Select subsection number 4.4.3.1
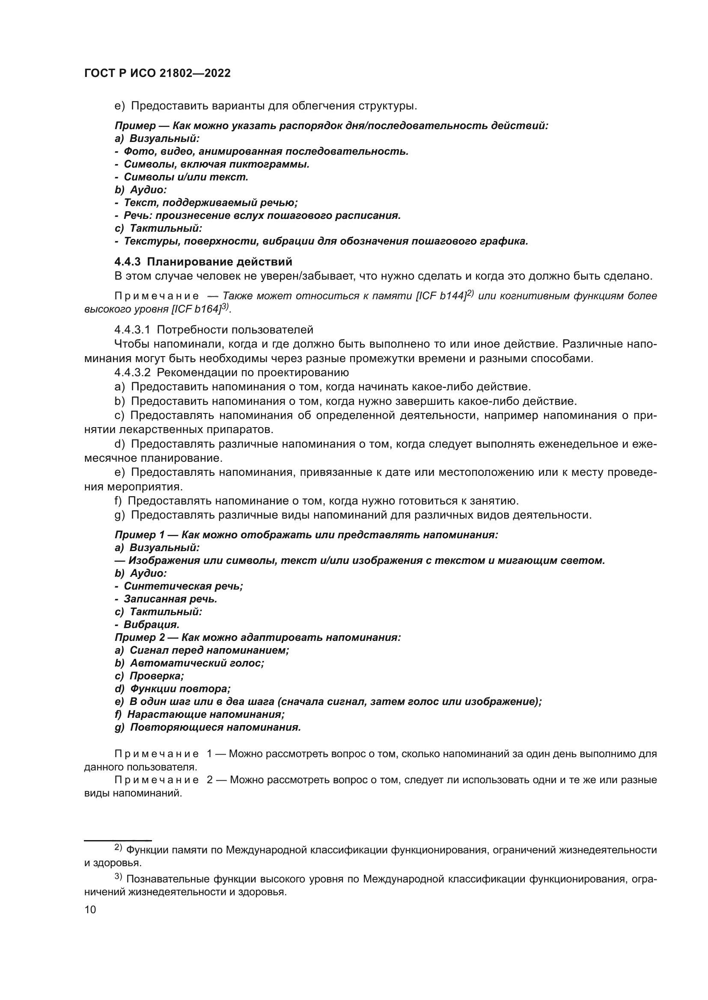[132, 330]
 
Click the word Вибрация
[151, 625]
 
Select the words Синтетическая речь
[183, 586]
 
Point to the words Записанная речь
[170, 599]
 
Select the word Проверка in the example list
[157, 676]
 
